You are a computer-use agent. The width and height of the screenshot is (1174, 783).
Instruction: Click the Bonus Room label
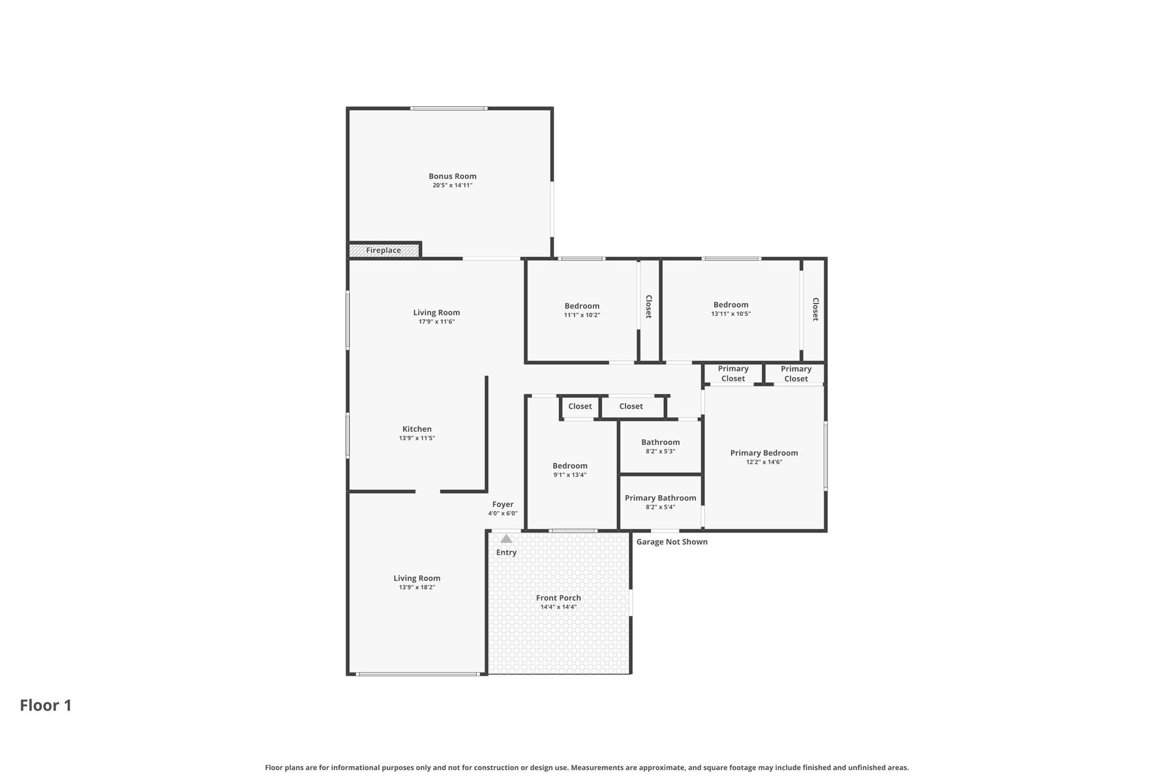tap(453, 176)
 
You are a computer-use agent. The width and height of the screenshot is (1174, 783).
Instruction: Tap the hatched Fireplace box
tap(384, 250)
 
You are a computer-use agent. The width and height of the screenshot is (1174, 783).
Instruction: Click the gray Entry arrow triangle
tap(506, 538)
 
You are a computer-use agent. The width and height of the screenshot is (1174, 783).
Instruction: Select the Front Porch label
tap(558, 598)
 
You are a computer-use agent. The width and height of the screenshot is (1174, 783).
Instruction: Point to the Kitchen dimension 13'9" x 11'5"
tap(417, 438)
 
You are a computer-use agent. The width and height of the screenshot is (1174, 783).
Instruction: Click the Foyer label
tap(503, 504)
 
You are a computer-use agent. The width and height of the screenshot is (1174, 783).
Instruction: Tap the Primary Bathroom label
tap(661, 498)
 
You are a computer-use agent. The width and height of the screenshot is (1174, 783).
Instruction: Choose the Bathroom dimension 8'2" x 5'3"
tap(661, 451)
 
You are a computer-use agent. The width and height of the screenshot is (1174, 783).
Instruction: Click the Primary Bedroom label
tap(764, 453)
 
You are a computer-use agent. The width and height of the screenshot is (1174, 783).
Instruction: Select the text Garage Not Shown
tap(672, 542)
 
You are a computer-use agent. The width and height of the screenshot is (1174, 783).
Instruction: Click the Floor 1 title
tap(46, 705)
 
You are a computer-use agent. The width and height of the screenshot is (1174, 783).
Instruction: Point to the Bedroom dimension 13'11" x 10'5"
tap(731, 314)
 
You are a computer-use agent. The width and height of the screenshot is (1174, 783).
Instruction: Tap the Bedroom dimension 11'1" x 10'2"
tap(582, 315)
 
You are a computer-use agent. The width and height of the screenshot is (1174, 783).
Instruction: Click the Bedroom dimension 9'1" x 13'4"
tap(570, 475)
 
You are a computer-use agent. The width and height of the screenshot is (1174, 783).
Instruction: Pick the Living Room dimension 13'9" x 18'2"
tap(417, 587)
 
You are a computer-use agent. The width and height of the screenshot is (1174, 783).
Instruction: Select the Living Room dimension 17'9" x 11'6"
tap(436, 322)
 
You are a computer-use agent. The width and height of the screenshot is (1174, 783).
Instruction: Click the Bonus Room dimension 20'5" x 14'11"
tap(453, 185)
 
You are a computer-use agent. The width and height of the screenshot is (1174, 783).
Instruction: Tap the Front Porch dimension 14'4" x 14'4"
tap(558, 607)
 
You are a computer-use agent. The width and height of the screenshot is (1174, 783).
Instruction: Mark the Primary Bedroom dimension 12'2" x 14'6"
tap(764, 462)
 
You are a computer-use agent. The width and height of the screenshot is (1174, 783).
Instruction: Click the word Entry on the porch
tap(506, 553)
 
